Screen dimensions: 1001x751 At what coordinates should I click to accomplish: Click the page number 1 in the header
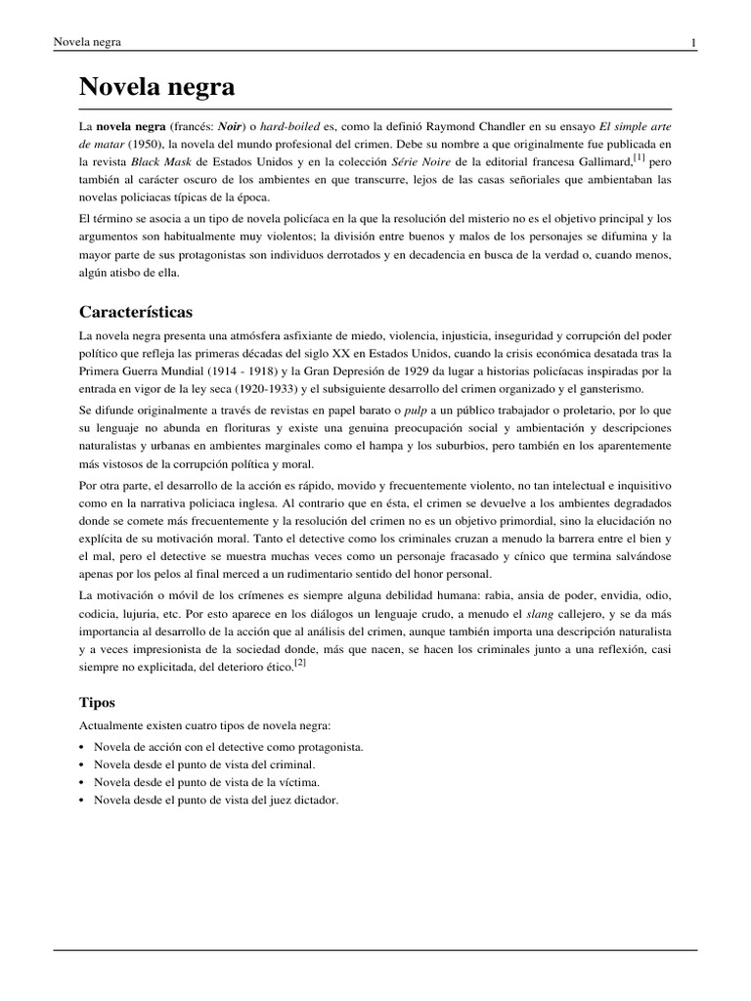[x=693, y=42]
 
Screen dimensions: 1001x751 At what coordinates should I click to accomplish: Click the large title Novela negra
[x=156, y=87]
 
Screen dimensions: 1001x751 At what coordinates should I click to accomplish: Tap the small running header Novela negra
[x=80, y=42]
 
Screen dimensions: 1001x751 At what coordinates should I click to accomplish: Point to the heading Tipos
[x=97, y=702]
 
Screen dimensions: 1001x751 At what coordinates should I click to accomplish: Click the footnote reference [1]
[x=639, y=156]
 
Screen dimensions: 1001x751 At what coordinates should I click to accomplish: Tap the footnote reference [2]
[x=301, y=662]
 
